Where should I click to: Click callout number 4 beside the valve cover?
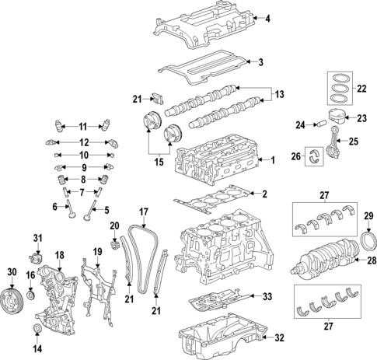point(268,19)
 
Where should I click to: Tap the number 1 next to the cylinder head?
point(273,161)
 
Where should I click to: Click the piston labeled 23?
point(336,119)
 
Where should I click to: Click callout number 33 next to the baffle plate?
point(267,296)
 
